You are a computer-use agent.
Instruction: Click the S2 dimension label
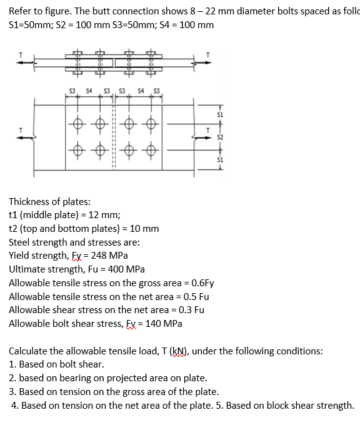click(x=220, y=137)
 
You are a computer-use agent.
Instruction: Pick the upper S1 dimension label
click(x=220, y=114)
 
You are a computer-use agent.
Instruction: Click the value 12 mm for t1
click(x=92, y=215)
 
